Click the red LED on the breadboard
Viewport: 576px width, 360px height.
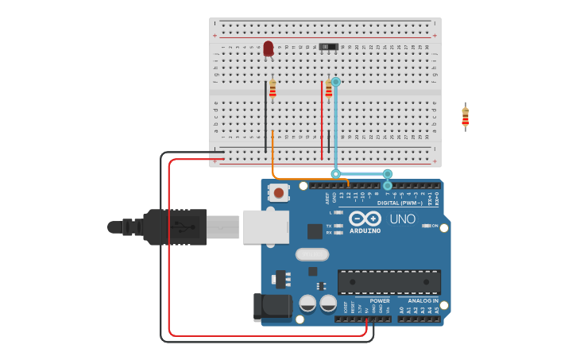269,48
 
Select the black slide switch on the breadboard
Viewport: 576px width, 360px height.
329,47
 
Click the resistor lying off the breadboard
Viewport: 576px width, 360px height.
466,117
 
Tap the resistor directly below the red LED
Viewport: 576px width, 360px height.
273,89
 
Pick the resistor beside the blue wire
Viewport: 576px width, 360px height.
328,89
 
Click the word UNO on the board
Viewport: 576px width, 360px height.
402,219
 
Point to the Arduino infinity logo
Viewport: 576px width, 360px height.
365,219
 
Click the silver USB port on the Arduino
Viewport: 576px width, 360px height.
265,227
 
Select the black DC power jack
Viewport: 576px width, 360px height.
270,307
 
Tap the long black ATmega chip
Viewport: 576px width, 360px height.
389,281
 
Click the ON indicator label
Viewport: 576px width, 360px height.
435,226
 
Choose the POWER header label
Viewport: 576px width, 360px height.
380,301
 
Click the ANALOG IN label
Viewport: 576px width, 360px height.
423,301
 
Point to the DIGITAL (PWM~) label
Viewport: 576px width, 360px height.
400,203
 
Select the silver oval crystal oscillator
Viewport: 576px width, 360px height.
312,254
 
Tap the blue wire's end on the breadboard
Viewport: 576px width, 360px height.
335,82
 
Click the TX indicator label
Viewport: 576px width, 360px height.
329,226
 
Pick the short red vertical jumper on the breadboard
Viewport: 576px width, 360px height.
322,119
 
